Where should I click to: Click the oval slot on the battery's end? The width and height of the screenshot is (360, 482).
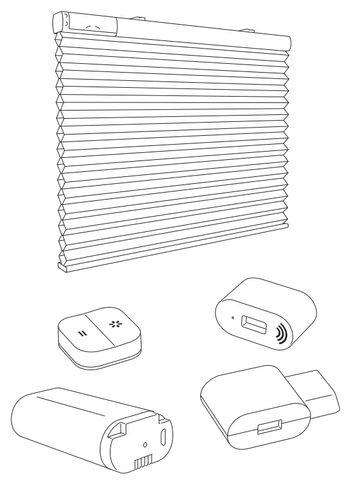point(165,437)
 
